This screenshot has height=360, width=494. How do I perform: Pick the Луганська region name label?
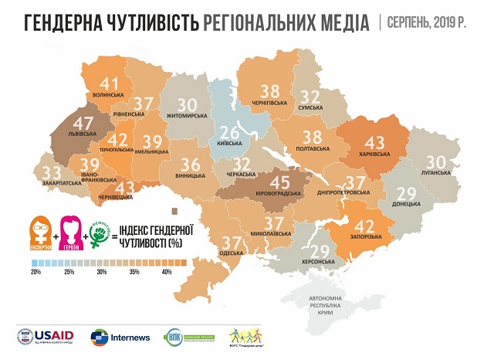coord(435,173)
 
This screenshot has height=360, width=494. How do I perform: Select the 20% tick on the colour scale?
coord(36,272)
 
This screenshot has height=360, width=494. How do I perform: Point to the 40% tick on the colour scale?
coord(165,272)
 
